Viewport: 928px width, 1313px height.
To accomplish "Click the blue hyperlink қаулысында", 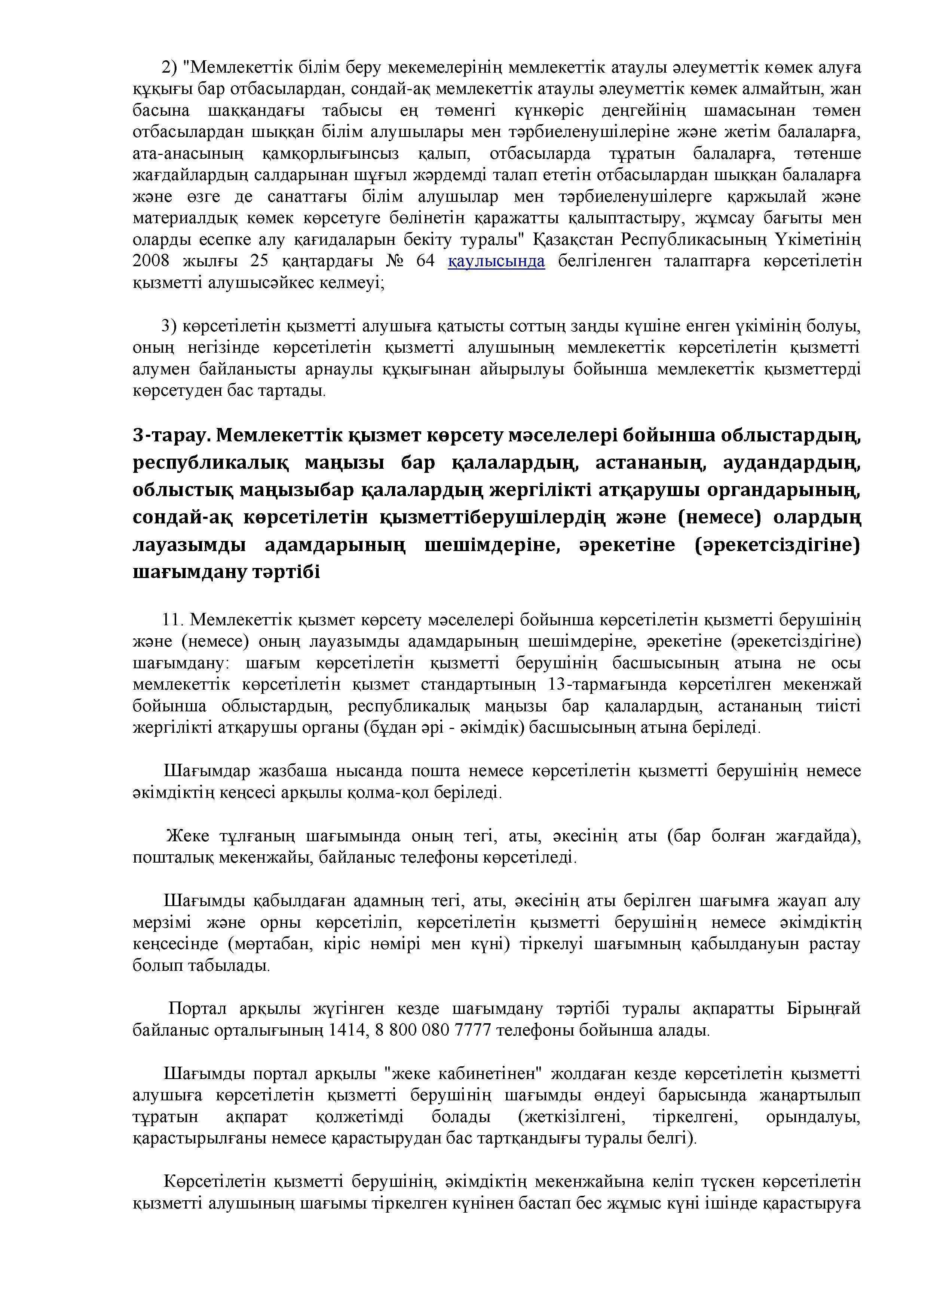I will (496, 261).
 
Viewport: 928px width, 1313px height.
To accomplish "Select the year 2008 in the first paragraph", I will (151, 261).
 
